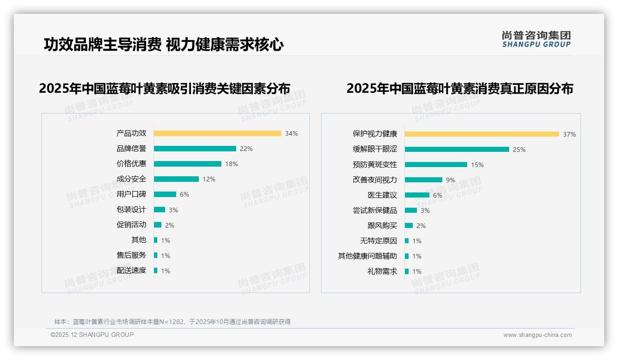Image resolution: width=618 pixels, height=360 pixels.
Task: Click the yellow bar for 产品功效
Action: click(217, 133)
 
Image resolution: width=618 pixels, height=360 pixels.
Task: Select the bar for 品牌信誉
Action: click(195, 149)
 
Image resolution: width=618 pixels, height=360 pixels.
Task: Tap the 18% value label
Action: click(232, 164)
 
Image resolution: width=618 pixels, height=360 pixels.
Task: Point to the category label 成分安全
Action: click(131, 179)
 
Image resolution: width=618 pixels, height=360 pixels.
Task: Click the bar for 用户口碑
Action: click(165, 194)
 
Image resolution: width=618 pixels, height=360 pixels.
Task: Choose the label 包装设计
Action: click(131, 210)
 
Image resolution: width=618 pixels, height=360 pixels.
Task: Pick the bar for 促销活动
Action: click(157, 225)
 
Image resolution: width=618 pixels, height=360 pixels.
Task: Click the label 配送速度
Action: click(131, 270)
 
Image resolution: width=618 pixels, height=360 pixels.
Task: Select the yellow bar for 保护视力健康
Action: click(481, 134)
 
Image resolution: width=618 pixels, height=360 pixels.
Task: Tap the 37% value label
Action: click(569, 134)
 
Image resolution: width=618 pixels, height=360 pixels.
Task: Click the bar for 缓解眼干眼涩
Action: click(457, 150)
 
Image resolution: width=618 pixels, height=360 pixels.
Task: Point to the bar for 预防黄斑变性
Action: click(436, 165)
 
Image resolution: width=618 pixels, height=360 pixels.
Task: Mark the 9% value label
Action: click(450, 180)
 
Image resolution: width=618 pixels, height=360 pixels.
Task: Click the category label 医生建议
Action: click(382, 195)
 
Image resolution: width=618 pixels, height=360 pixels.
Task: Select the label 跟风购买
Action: click(382, 226)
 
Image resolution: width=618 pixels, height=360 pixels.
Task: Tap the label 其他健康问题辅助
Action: click(368, 256)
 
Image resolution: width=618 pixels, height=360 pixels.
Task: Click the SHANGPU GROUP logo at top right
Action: click(536, 39)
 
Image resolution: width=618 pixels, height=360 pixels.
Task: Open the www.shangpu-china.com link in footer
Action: click(537, 335)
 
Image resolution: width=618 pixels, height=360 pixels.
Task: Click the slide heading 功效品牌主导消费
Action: click(102, 45)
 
